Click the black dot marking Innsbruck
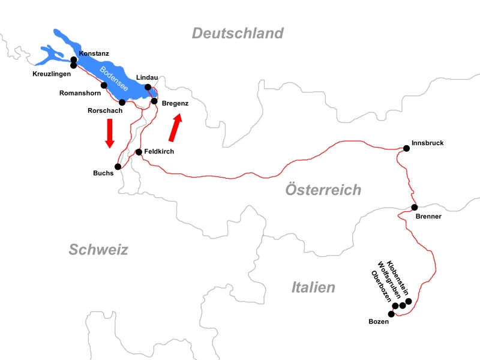(407, 148)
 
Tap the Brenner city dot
(414, 207)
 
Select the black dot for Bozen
(392, 314)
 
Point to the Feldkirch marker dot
(139, 152)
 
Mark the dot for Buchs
(118, 167)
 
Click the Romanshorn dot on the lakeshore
(104, 85)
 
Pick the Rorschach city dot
(122, 102)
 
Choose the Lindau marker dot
(148, 87)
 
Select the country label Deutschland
(237, 33)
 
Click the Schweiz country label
(98, 250)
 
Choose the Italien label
(313, 287)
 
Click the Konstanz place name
(94, 54)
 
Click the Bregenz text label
(175, 104)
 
